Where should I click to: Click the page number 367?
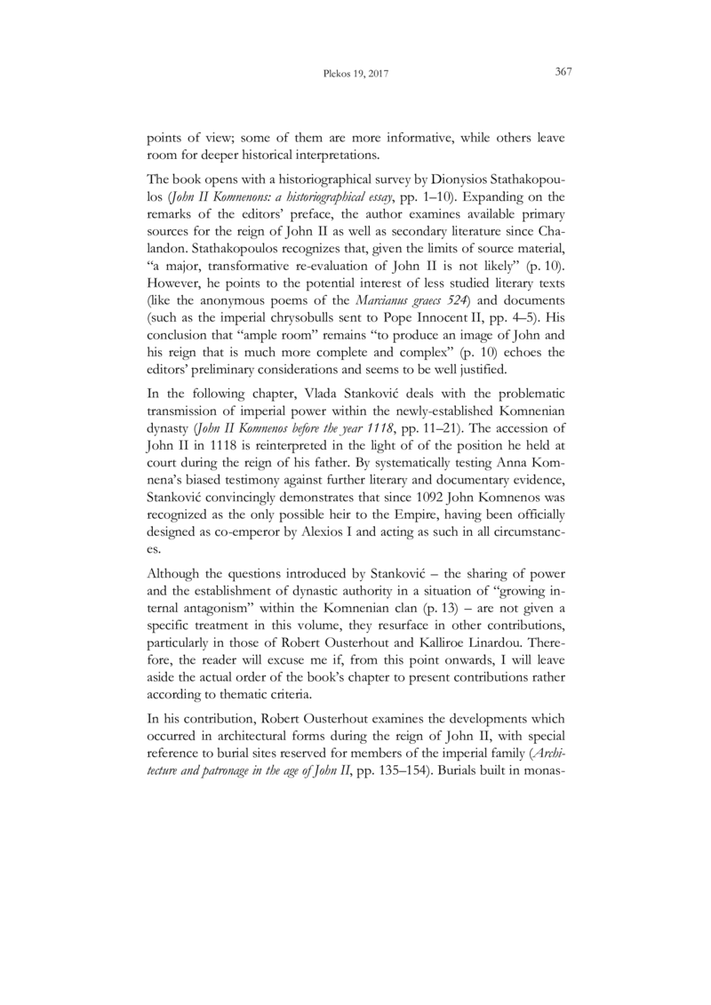(562, 71)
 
